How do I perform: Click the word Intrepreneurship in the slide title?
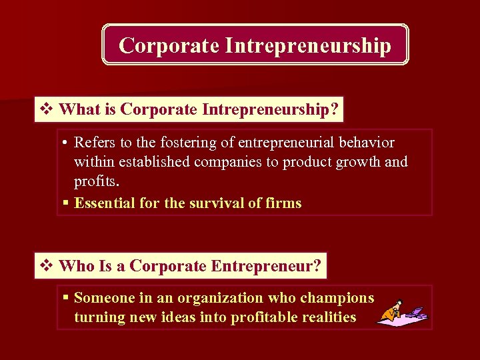coord(308,45)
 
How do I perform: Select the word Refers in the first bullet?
coord(93,143)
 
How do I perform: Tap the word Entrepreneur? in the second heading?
coord(267,266)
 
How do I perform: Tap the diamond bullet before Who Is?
coord(47,266)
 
